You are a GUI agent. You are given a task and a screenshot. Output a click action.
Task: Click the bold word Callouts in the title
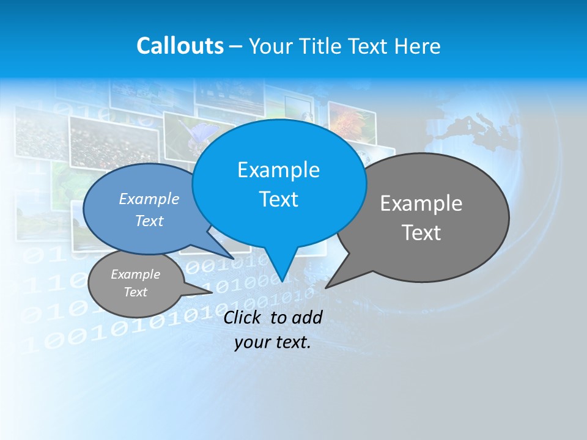(x=180, y=46)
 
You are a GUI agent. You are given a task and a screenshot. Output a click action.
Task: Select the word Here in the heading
(x=417, y=46)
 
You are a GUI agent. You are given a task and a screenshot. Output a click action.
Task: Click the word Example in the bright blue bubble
(x=278, y=170)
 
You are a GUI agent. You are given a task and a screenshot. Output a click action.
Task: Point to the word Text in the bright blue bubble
(x=278, y=199)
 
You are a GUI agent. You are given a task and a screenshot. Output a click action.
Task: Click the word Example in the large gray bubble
(x=421, y=204)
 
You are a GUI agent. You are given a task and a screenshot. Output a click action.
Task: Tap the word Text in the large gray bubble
(x=421, y=233)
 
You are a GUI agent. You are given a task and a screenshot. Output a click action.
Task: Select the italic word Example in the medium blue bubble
(x=149, y=199)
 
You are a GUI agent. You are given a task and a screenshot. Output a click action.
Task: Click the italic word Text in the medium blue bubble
(x=149, y=221)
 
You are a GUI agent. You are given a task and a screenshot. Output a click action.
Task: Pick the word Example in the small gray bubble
(x=135, y=274)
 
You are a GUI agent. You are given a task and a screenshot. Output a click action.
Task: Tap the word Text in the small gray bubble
(x=135, y=292)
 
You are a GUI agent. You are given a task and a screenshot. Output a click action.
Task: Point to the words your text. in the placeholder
(x=273, y=342)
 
